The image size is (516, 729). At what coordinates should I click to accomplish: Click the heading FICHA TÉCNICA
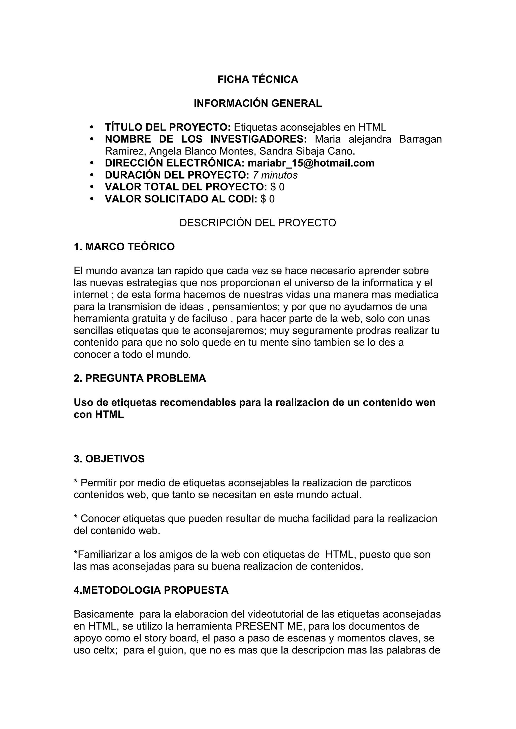click(x=257, y=79)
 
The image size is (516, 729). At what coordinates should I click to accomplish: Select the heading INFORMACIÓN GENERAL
click(x=257, y=103)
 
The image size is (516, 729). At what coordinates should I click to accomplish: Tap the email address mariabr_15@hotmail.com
click(x=311, y=163)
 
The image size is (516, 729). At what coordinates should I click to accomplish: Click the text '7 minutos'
click(x=275, y=175)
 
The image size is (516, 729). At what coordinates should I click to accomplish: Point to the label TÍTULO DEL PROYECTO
click(x=168, y=127)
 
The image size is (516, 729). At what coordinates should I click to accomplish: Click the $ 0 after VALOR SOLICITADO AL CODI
click(x=267, y=199)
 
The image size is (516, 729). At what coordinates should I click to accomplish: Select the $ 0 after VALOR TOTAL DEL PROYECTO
click(x=277, y=187)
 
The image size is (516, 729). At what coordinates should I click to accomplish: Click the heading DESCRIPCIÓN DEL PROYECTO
click(x=257, y=223)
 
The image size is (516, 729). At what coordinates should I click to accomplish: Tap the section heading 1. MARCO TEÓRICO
click(x=124, y=247)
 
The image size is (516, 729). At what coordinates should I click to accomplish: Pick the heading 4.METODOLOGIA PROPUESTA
click(x=151, y=590)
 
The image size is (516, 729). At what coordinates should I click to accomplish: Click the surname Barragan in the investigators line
click(x=420, y=139)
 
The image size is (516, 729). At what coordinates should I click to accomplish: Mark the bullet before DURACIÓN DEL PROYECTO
click(x=92, y=175)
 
